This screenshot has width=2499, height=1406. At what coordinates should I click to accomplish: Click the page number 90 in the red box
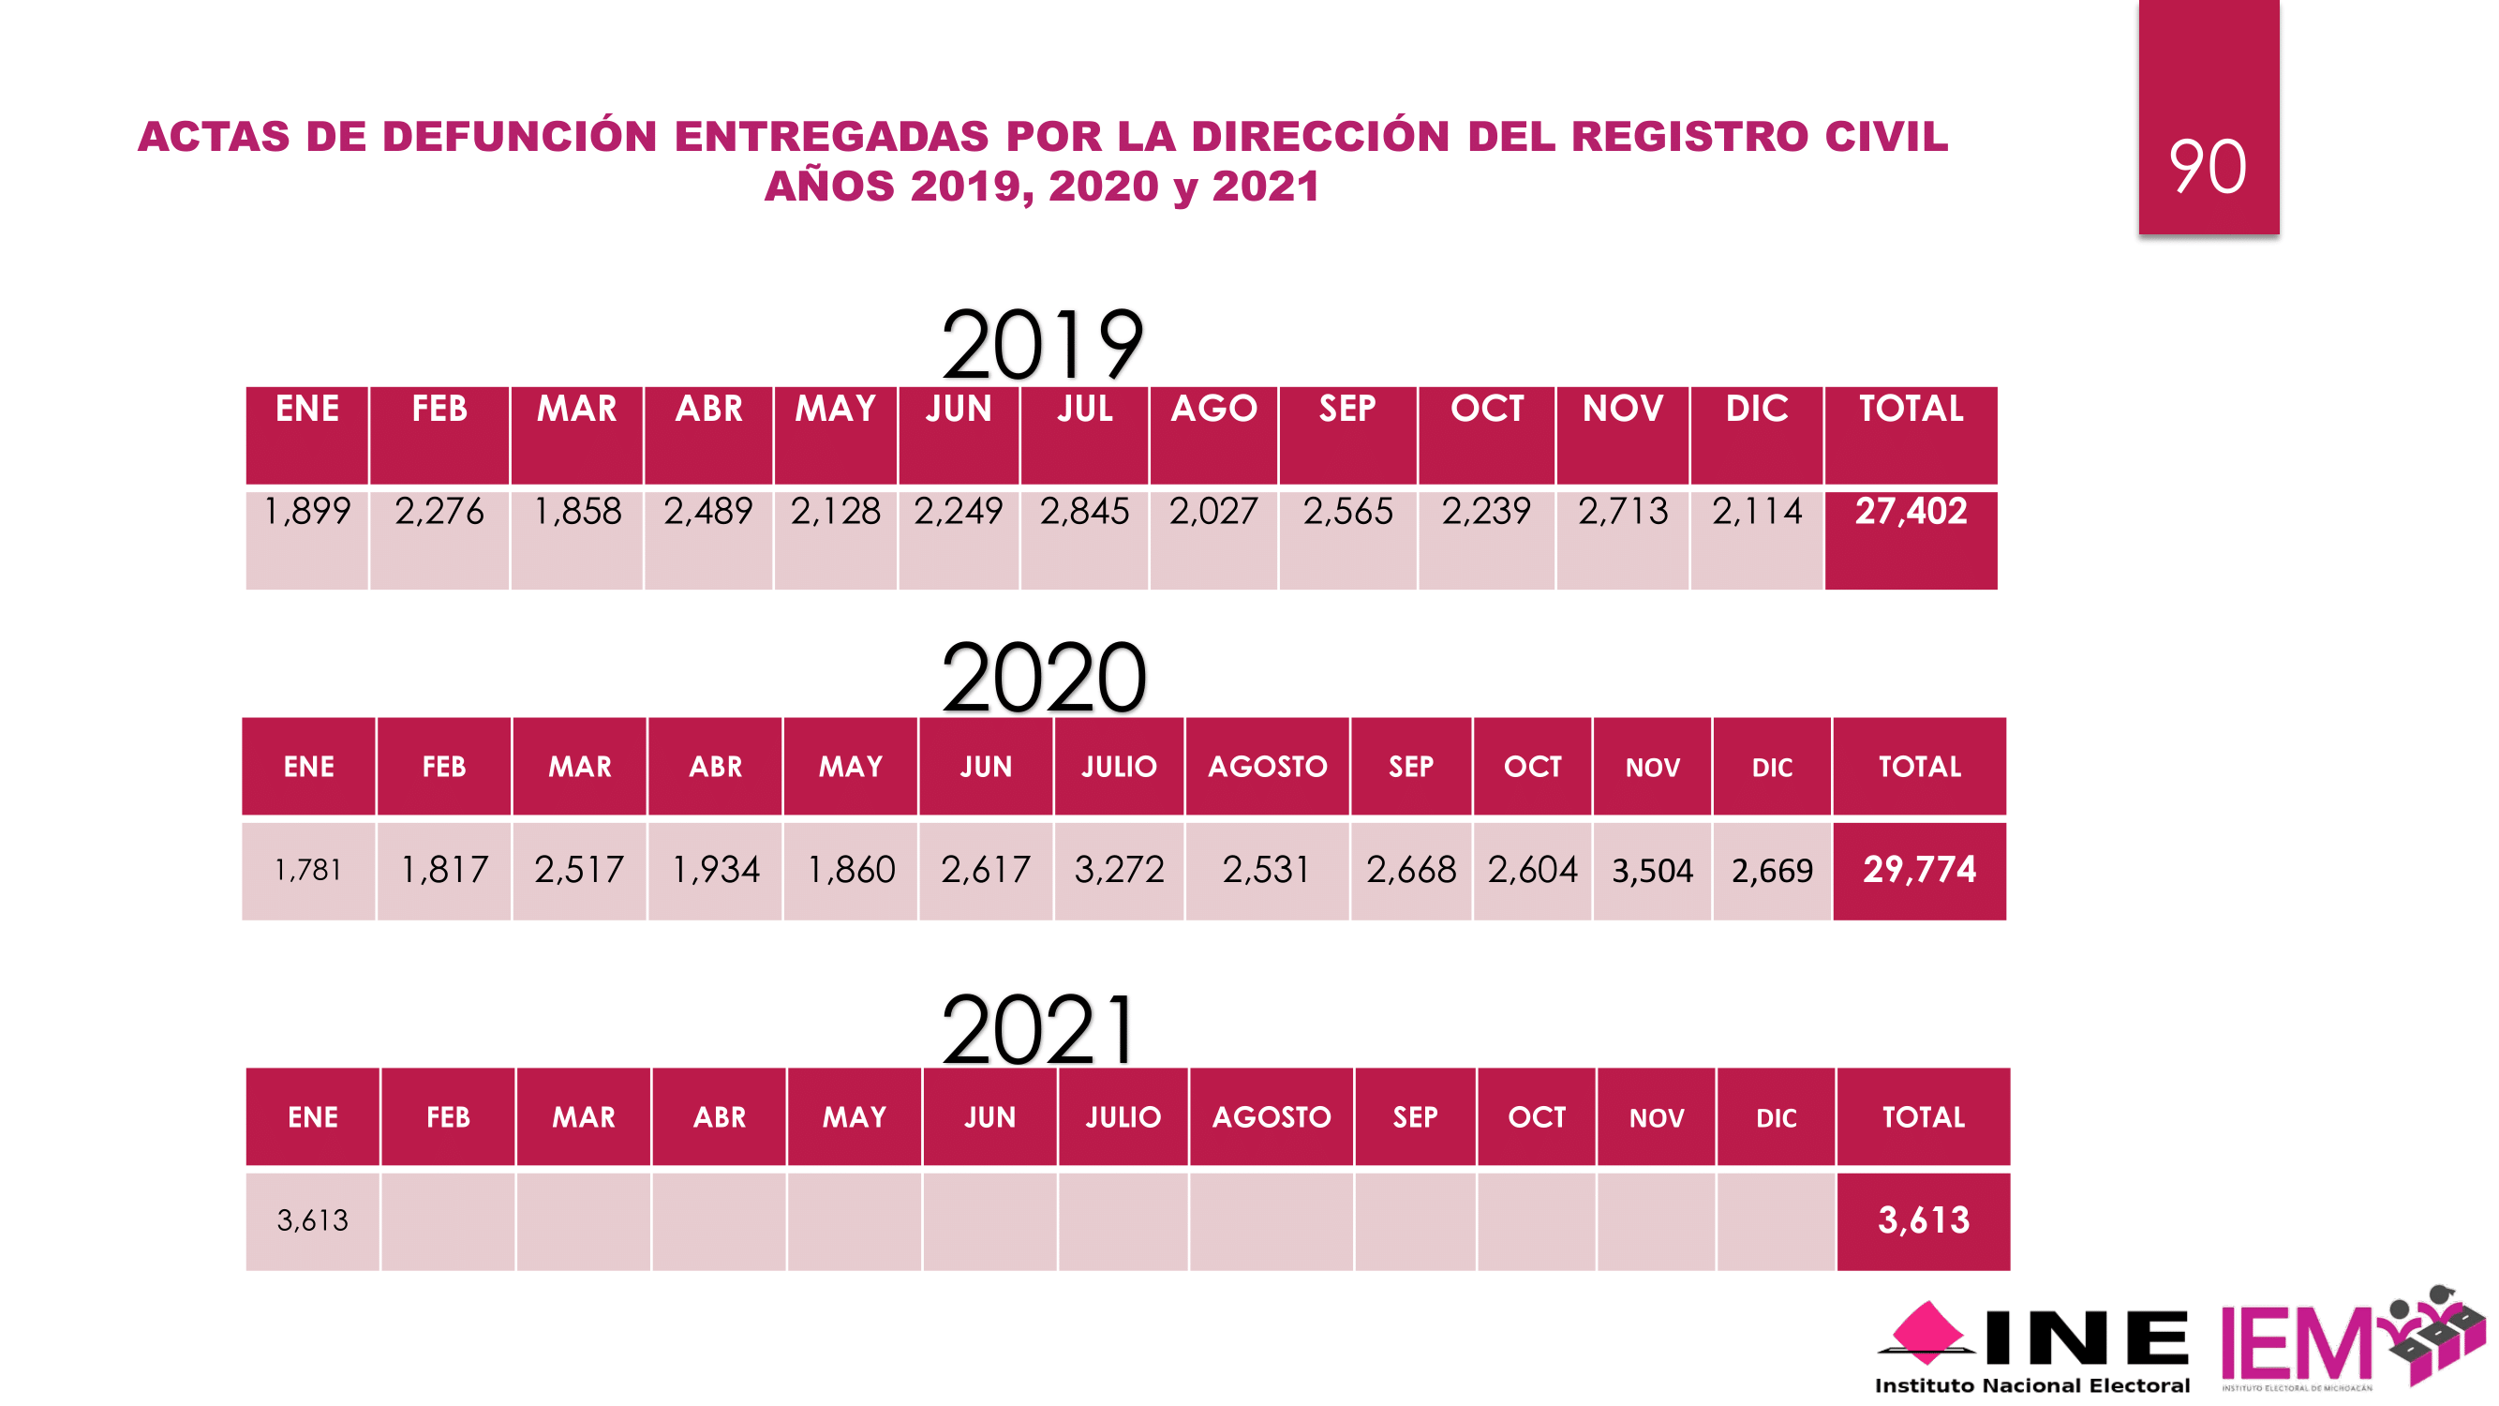[x=2207, y=167]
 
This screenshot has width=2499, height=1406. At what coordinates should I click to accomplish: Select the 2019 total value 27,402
[x=1911, y=512]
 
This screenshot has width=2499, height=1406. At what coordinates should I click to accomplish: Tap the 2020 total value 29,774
[x=1918, y=870]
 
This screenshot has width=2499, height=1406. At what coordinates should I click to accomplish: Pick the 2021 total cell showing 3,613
[x=1923, y=1219]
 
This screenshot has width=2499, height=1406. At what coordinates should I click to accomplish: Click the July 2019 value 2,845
[x=1083, y=512]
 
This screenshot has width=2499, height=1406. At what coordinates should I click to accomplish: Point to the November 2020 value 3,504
[x=1651, y=871]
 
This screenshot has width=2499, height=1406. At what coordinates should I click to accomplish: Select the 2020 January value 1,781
[x=308, y=871]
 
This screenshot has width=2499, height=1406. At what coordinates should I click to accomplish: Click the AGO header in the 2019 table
[x=1212, y=409]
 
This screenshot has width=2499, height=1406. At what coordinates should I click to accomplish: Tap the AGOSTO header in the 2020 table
[x=1266, y=767]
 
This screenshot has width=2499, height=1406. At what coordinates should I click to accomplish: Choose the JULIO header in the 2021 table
[x=1123, y=1117]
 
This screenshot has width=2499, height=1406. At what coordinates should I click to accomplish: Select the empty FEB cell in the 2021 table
[x=448, y=1220]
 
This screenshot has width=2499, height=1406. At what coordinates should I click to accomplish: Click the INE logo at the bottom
[x=2032, y=1349]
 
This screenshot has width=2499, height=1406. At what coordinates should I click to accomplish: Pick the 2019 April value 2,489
[x=707, y=512]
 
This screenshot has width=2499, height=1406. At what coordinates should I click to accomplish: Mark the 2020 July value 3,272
[x=1119, y=870]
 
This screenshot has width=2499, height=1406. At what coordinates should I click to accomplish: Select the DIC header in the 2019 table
[x=1756, y=409]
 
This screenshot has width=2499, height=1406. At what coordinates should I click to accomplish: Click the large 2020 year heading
[x=1043, y=679]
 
